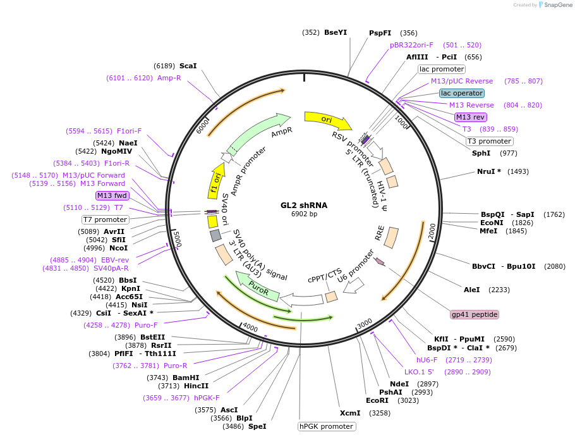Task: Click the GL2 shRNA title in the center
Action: tap(304, 206)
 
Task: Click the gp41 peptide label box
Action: tap(475, 314)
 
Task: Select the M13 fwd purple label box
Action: tap(111, 195)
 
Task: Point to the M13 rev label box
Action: tap(471, 117)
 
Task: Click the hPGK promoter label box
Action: tap(327, 426)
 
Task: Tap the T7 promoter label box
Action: tap(106, 219)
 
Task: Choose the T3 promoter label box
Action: tap(490, 141)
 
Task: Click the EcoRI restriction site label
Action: tap(377, 400)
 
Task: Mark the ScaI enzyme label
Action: tap(188, 66)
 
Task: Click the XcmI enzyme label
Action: tap(350, 413)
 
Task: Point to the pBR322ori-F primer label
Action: tap(411, 45)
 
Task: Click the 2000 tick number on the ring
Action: tap(432, 232)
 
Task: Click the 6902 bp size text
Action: tap(304, 214)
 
